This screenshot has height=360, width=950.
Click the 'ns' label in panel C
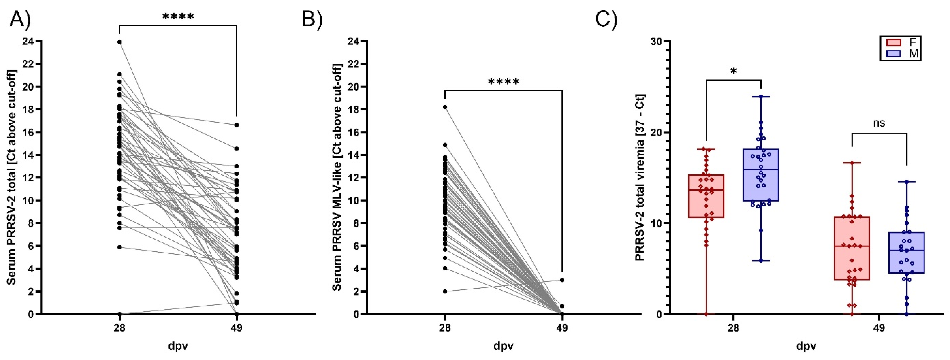click(879, 123)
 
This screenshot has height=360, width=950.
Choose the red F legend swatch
click(893, 42)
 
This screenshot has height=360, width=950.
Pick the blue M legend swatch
click(893, 54)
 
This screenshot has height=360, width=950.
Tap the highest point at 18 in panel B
click(445, 107)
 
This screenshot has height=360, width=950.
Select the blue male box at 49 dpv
click(906, 253)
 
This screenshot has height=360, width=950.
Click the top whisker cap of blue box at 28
click(761, 97)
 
